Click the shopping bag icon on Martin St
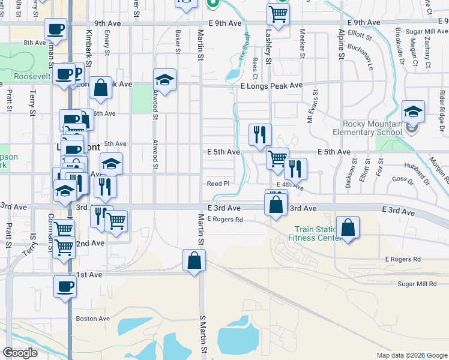pos(194,260)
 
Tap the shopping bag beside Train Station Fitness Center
pos(348,228)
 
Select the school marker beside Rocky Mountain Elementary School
pos(413,112)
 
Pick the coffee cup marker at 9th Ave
pos(56,29)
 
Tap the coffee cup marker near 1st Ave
pos(65,287)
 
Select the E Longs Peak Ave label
pos(271,86)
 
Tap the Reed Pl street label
pos(218,184)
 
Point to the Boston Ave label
pos(92,319)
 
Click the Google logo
pos(20,353)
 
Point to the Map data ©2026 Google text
pos(412,355)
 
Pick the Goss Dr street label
pos(399,179)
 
